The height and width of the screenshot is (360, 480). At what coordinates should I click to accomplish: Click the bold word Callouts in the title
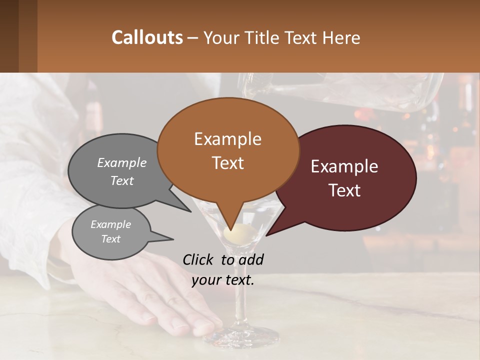(x=147, y=37)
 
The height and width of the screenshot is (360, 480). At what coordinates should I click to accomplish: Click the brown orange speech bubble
(x=228, y=150)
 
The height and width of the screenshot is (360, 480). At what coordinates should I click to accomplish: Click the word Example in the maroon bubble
(x=344, y=167)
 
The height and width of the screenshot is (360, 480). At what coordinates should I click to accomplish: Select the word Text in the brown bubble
(x=228, y=163)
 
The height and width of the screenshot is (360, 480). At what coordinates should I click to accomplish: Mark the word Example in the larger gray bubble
(x=122, y=162)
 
